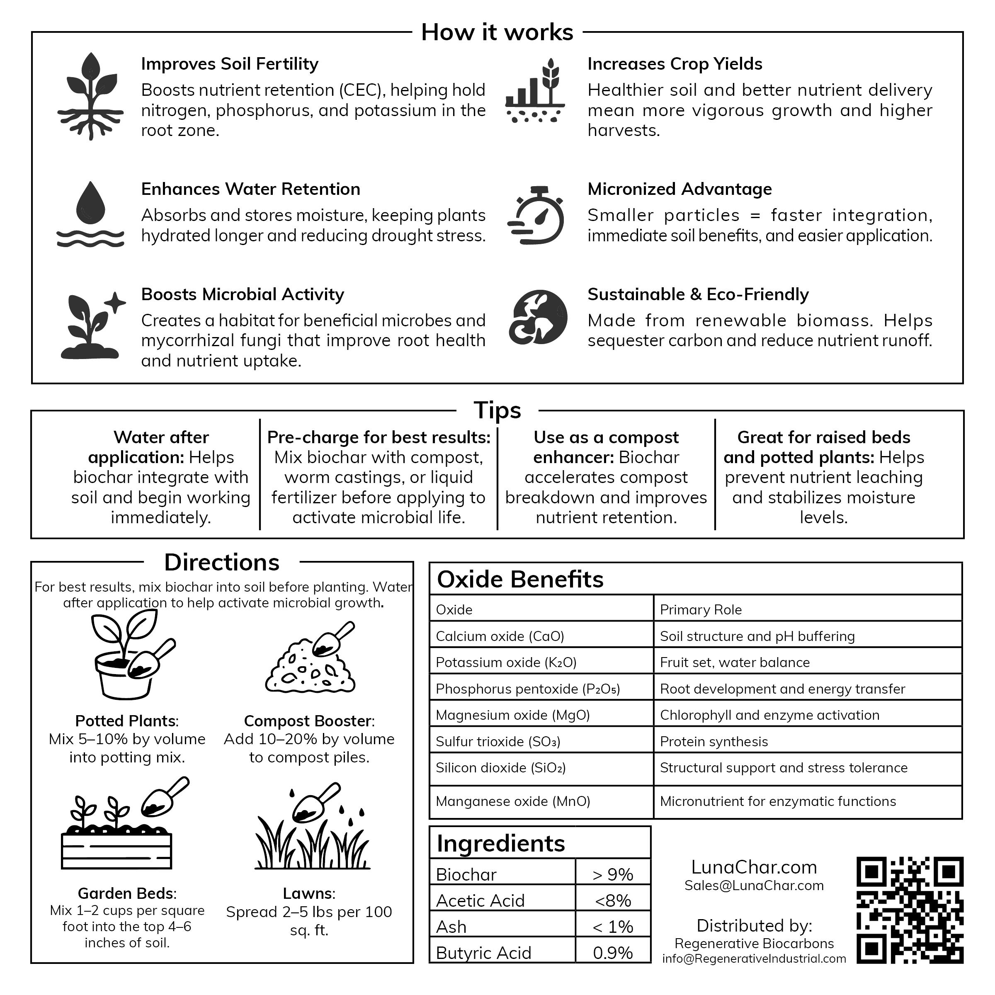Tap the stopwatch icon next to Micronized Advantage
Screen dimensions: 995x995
pyautogui.click(x=537, y=215)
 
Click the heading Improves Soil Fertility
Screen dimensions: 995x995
pyautogui.click(x=230, y=64)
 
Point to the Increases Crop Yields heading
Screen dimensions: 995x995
pyautogui.click(x=675, y=64)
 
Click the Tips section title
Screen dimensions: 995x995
pyautogui.click(x=497, y=410)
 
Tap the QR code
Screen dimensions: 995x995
pyautogui.click(x=910, y=910)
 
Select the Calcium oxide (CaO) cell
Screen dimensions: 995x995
pyautogui.click(x=500, y=636)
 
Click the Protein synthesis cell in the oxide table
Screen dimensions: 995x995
pyautogui.click(x=714, y=741)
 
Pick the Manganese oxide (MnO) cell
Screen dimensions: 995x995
pyautogui.click(x=513, y=801)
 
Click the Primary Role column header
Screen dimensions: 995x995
pyautogui.click(x=700, y=610)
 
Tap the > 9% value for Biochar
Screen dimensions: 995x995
pyautogui.click(x=612, y=874)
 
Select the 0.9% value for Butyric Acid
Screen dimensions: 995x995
pyautogui.click(x=612, y=953)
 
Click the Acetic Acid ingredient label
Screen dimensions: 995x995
pyautogui.click(x=480, y=901)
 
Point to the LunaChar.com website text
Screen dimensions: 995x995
pyautogui.click(x=754, y=867)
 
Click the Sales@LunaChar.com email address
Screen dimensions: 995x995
pyautogui.click(x=754, y=885)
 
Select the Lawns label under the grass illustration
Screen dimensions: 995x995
pyautogui.click(x=309, y=893)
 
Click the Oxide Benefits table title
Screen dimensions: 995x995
pyautogui.click(x=520, y=580)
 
